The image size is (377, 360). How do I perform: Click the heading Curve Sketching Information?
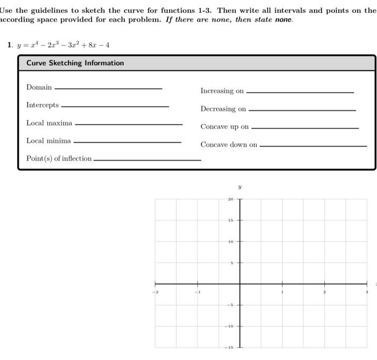click(75, 63)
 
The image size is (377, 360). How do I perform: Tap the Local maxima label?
click(49, 123)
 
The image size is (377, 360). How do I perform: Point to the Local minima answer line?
click(127, 142)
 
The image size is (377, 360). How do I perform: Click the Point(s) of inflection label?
click(59, 158)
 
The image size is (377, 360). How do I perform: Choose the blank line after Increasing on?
click(299, 92)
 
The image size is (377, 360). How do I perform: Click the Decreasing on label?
click(223, 109)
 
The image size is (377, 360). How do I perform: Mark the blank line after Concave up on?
click(304, 128)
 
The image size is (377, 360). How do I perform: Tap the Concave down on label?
click(229, 144)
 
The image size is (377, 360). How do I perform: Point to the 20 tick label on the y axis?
click(230, 199)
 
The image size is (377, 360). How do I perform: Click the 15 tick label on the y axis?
click(230, 220)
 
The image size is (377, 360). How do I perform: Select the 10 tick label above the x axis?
click(230, 241)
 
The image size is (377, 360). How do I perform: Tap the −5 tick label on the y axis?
click(229, 306)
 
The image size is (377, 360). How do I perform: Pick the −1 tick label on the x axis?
click(198, 292)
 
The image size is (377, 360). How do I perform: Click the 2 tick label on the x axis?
click(324, 292)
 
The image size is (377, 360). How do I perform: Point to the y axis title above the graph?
click(240, 188)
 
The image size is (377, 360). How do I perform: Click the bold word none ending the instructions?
click(283, 19)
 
